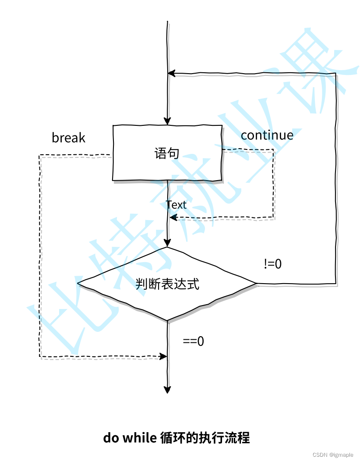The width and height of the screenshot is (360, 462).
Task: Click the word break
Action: pyautogui.click(x=68, y=138)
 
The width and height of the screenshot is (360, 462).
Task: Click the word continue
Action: pyautogui.click(x=267, y=135)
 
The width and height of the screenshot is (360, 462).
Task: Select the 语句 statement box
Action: pyautogui.click(x=167, y=153)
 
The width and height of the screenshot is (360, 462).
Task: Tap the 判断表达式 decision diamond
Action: pyautogui.click(x=167, y=284)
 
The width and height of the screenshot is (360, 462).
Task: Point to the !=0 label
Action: pyautogui.click(x=272, y=264)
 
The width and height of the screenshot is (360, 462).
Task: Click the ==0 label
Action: pyautogui.click(x=194, y=341)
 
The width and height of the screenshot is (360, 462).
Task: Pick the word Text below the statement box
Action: pyautogui.click(x=176, y=205)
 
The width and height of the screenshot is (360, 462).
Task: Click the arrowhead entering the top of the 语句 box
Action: pyautogui.click(x=167, y=121)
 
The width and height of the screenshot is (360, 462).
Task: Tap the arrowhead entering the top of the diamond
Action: pyautogui.click(x=167, y=242)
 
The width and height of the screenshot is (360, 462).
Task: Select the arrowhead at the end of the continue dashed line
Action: pyautogui.click(x=173, y=218)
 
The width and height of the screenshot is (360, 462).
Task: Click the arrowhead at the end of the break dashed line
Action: pyautogui.click(x=163, y=356)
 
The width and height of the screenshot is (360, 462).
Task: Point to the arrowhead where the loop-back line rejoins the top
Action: pyautogui.click(x=172, y=73)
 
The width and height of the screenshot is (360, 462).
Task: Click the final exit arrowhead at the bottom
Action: pyautogui.click(x=167, y=390)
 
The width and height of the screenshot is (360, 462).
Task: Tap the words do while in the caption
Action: pyautogui.click(x=130, y=437)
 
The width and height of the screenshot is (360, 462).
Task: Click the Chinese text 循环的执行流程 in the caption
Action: pyautogui.click(x=205, y=437)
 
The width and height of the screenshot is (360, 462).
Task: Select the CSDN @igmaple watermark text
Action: pyautogui.click(x=333, y=455)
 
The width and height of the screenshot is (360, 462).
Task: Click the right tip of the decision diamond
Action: pyautogui.click(x=257, y=284)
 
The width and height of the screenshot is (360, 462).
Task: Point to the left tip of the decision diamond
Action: pyautogui.click(x=77, y=284)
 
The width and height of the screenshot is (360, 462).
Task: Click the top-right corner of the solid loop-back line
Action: pyautogui.click(x=336, y=73)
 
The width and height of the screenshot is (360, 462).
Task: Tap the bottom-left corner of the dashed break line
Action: pyautogui.click(x=39, y=357)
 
